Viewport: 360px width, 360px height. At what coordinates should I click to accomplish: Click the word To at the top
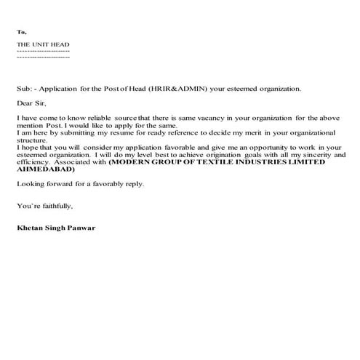pos(22,33)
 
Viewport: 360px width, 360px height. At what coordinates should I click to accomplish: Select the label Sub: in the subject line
pos(23,89)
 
